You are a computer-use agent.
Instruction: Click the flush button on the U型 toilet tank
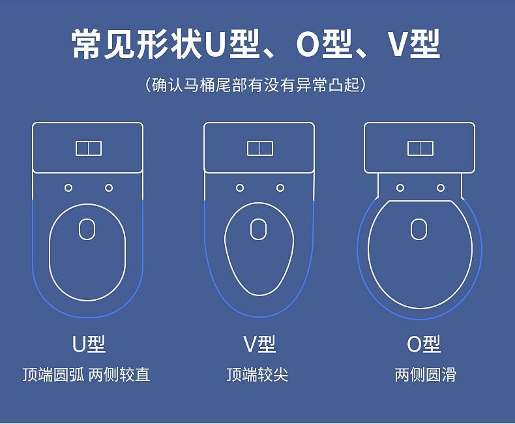(x=89, y=149)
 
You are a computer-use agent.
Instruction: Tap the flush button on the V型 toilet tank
(x=260, y=149)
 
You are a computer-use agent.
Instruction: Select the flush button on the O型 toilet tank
(x=420, y=149)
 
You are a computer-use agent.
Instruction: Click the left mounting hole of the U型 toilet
(x=68, y=188)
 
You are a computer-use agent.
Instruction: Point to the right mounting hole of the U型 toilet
(x=109, y=188)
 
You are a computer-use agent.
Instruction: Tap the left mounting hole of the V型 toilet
(x=240, y=188)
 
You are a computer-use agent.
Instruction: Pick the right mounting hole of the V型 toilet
(x=280, y=188)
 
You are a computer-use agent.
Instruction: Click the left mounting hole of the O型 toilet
(x=400, y=188)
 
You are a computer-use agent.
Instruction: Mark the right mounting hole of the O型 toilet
(x=441, y=188)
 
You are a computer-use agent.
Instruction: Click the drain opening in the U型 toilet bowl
(x=87, y=229)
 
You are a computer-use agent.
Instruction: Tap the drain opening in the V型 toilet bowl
(x=259, y=229)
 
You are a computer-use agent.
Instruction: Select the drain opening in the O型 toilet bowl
(x=419, y=229)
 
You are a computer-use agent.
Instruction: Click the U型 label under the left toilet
(x=89, y=344)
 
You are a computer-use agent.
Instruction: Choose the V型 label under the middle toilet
(x=259, y=344)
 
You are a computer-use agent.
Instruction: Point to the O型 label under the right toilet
(x=424, y=344)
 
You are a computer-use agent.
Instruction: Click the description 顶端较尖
(x=257, y=374)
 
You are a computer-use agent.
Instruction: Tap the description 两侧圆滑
(x=425, y=374)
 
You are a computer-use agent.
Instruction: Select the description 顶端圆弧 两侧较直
(x=87, y=374)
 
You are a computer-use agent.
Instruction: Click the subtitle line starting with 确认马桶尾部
(x=255, y=85)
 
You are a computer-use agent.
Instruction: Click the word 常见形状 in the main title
(x=136, y=44)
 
